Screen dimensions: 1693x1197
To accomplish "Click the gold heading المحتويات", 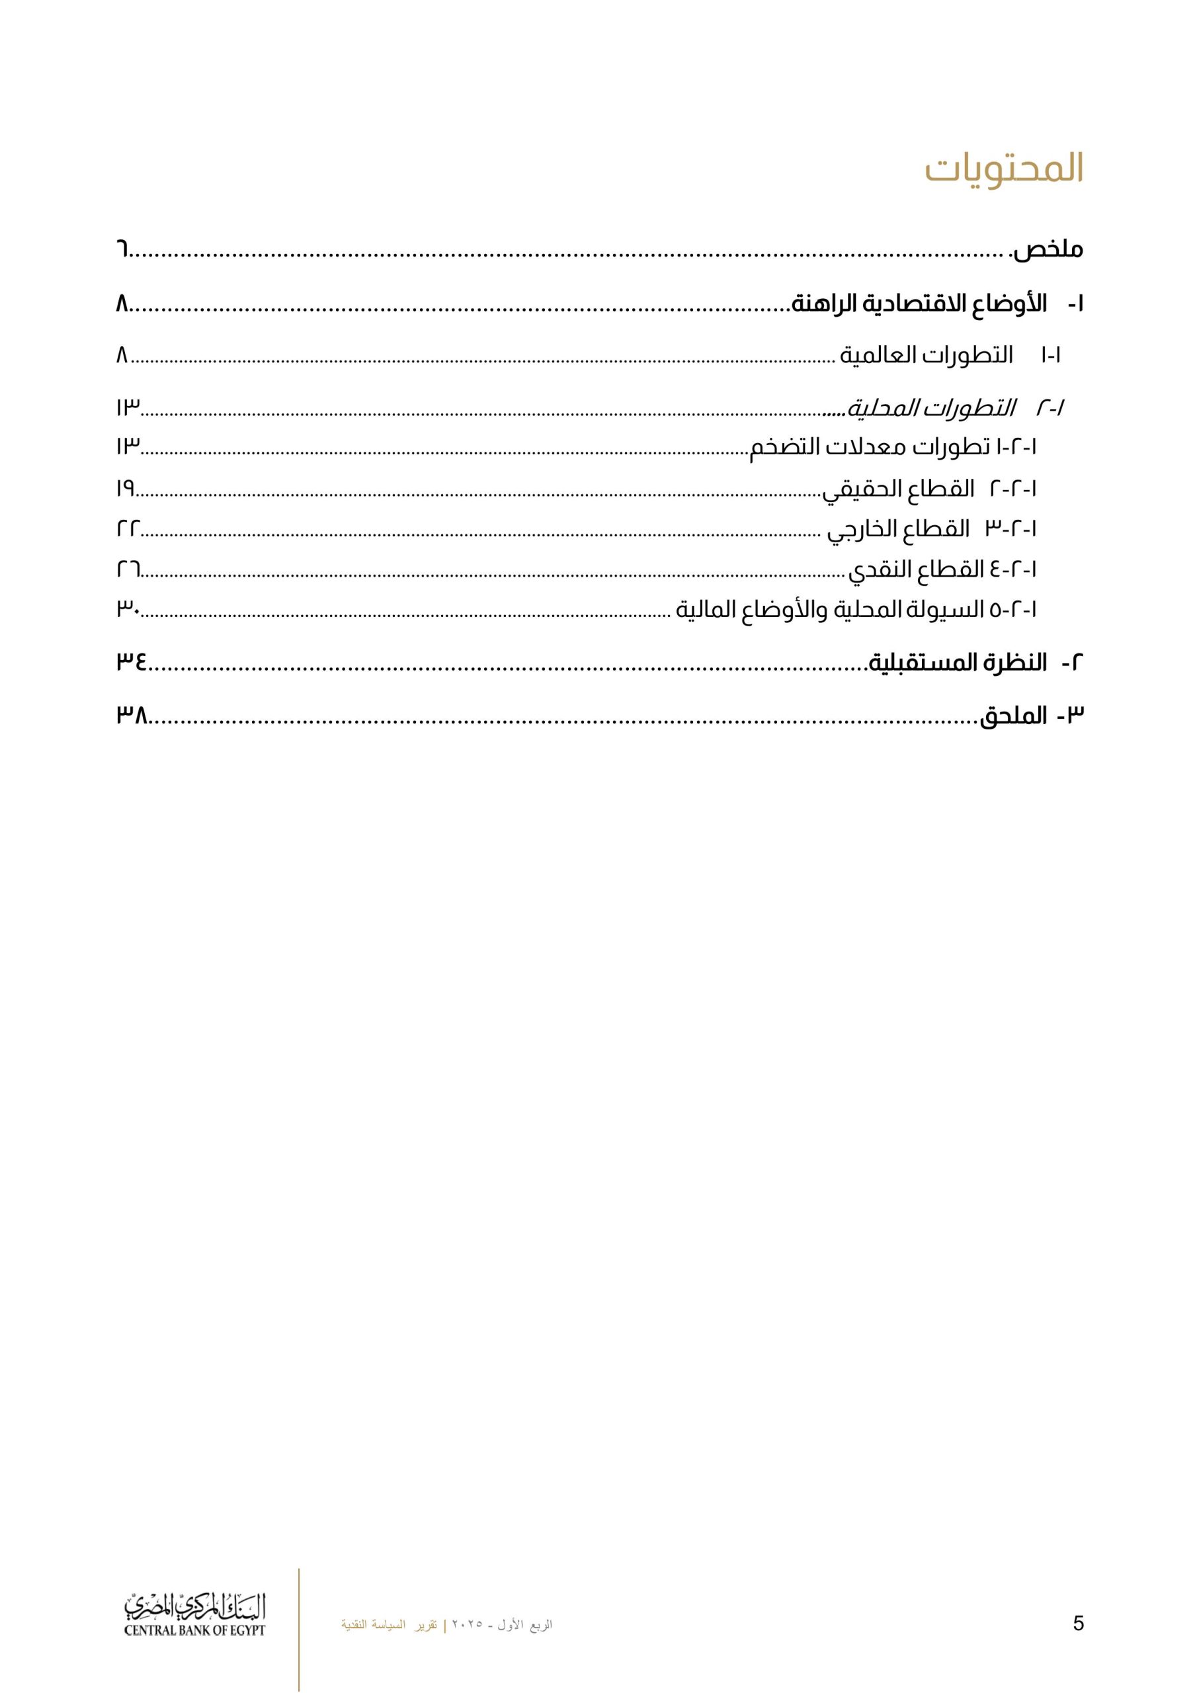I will (1004, 169).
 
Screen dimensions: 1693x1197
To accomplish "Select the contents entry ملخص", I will (1048, 249).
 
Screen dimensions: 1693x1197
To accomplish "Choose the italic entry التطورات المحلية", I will (930, 408).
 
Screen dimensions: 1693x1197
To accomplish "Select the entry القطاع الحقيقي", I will (898, 489).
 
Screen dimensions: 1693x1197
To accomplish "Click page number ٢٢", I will (128, 528).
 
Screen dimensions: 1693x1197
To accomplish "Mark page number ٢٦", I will (128, 569).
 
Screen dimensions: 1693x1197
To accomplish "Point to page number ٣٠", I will (128, 609).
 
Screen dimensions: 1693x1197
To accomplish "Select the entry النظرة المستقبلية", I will (958, 662).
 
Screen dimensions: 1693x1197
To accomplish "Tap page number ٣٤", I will (132, 662).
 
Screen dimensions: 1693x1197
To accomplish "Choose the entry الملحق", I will (1012, 716).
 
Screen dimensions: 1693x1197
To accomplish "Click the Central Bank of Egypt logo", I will (194, 1617).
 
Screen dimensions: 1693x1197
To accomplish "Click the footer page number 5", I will (1077, 1623).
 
